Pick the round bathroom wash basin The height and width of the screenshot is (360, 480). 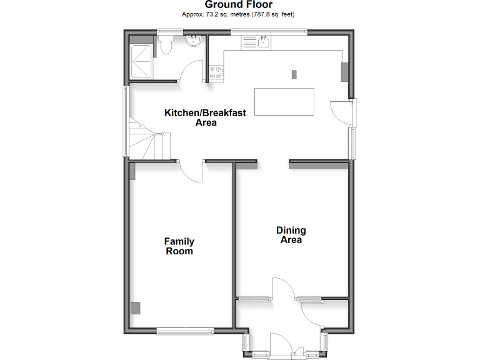194,42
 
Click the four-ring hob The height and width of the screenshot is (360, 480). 216,72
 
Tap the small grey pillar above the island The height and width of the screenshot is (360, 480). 294,74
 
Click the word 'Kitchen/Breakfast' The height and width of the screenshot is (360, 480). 205,113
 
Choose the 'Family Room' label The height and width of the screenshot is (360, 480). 179,246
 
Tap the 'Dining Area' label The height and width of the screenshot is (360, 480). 291,234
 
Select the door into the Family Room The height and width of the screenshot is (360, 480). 189,170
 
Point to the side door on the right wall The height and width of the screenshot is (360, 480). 341,112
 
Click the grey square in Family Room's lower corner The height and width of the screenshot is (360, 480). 136,307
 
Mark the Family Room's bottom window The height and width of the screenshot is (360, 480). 177,331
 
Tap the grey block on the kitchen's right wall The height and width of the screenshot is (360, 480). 344,71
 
